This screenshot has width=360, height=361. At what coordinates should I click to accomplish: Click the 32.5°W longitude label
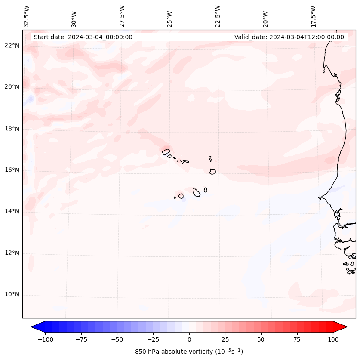point(27,16)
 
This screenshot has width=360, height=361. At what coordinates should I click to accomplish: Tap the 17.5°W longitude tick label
point(313,16)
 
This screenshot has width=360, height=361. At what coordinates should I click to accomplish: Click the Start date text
point(83,37)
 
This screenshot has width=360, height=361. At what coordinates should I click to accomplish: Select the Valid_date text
point(289,37)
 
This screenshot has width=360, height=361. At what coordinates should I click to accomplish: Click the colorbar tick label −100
point(45,339)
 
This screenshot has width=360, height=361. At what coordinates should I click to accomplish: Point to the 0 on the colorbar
point(189,339)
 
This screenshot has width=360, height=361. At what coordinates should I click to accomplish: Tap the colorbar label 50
point(261,339)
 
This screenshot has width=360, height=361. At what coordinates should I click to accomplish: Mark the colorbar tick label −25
point(153,339)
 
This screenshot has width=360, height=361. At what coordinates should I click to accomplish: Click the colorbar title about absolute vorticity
point(189,352)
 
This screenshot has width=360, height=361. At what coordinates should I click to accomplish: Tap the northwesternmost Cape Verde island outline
point(166,151)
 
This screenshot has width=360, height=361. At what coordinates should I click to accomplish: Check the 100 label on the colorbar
point(333,339)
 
